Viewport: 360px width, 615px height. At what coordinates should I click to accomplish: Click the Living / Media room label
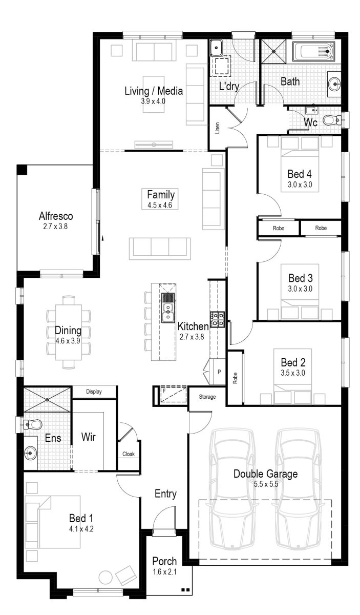[x=154, y=91]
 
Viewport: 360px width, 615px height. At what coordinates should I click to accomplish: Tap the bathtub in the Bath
[x=313, y=52]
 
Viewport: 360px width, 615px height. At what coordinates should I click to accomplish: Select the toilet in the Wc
[x=335, y=120]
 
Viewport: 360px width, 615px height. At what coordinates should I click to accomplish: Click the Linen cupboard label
[x=217, y=129]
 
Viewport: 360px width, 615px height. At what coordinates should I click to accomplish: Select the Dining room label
[x=68, y=330]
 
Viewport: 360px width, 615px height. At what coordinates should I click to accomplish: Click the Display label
[x=93, y=392]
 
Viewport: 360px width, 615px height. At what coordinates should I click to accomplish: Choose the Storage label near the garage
[x=207, y=397]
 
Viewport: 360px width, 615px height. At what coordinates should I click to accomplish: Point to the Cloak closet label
[x=129, y=454]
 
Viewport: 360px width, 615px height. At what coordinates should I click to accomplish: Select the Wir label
[x=89, y=438]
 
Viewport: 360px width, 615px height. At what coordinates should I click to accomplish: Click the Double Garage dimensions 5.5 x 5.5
[x=265, y=483]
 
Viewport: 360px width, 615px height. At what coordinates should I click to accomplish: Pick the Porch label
[x=164, y=561]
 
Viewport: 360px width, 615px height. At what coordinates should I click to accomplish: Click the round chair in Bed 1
[x=106, y=577]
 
